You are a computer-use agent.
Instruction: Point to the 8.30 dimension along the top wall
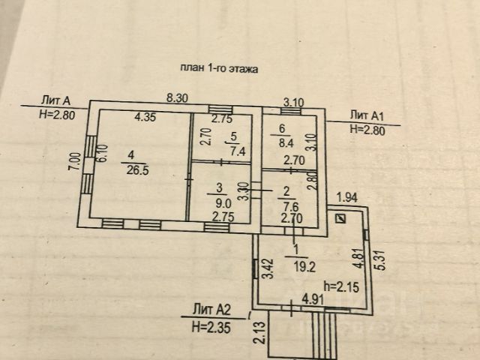(177, 97)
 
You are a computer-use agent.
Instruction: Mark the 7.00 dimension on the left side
(73, 162)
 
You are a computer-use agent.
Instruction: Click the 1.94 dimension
(346, 197)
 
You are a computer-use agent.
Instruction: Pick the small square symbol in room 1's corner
(341, 218)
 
